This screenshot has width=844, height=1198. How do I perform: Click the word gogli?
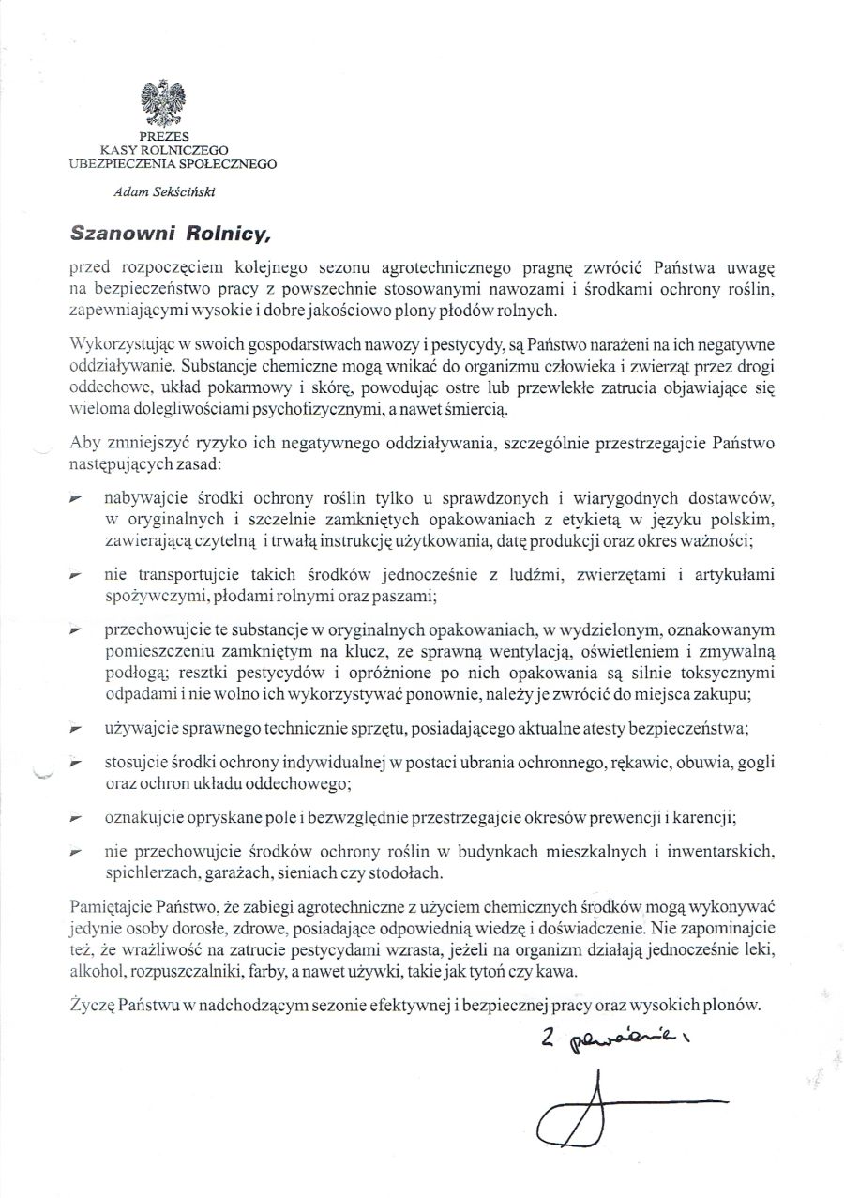pyautogui.click(x=757, y=762)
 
